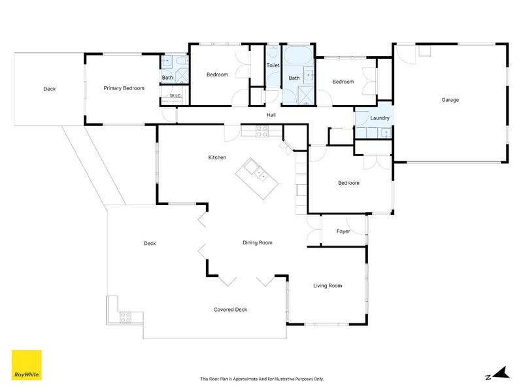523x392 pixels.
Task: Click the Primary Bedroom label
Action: tap(124, 88)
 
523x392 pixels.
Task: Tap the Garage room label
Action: tap(450, 100)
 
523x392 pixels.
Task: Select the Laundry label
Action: tap(380, 118)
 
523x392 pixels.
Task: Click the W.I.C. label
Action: tap(175, 96)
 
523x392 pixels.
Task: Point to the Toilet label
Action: tap(273, 66)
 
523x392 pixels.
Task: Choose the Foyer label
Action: tap(343, 231)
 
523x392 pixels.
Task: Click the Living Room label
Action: tap(328, 286)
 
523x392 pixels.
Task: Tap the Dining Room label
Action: tap(257, 243)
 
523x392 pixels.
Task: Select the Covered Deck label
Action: tap(230, 310)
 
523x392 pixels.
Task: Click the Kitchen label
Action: tap(217, 157)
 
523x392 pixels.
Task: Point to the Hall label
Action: tap(271, 115)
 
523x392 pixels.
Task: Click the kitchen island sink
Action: tap(260, 173)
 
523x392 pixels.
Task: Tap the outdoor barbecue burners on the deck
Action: tap(125, 318)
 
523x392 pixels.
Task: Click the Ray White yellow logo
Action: tap(27, 365)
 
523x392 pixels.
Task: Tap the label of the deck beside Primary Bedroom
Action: tap(50, 89)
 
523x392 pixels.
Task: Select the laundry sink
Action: tap(385, 133)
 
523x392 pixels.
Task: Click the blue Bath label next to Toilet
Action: tap(294, 78)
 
